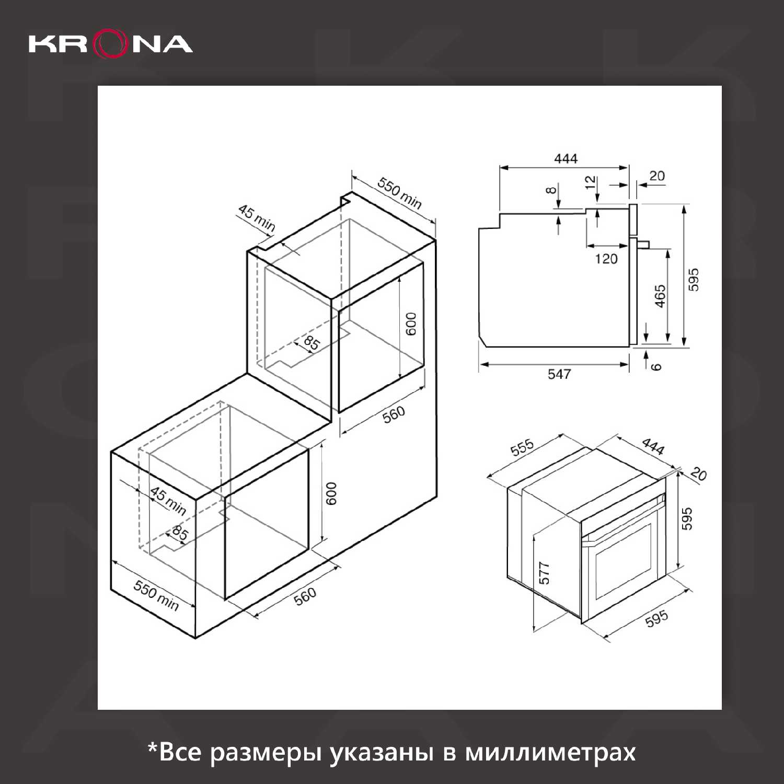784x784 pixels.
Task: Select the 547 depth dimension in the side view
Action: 559,374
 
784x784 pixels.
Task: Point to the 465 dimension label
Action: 661,296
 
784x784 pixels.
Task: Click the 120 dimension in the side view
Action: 606,258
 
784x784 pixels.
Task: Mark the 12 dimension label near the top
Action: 590,182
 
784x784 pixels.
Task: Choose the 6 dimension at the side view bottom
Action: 656,366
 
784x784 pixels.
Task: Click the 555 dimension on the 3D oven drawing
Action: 522,447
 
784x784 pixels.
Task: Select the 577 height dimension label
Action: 545,573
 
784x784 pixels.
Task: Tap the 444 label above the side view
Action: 566,158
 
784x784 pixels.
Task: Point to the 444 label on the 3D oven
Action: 653,446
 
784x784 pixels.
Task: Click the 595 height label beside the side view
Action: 693,280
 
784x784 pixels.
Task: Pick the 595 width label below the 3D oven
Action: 656,618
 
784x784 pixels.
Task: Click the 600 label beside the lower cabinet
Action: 331,493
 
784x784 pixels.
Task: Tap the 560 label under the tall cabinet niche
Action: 394,414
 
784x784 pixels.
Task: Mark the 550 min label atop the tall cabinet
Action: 400,193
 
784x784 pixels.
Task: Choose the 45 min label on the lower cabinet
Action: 168,500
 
